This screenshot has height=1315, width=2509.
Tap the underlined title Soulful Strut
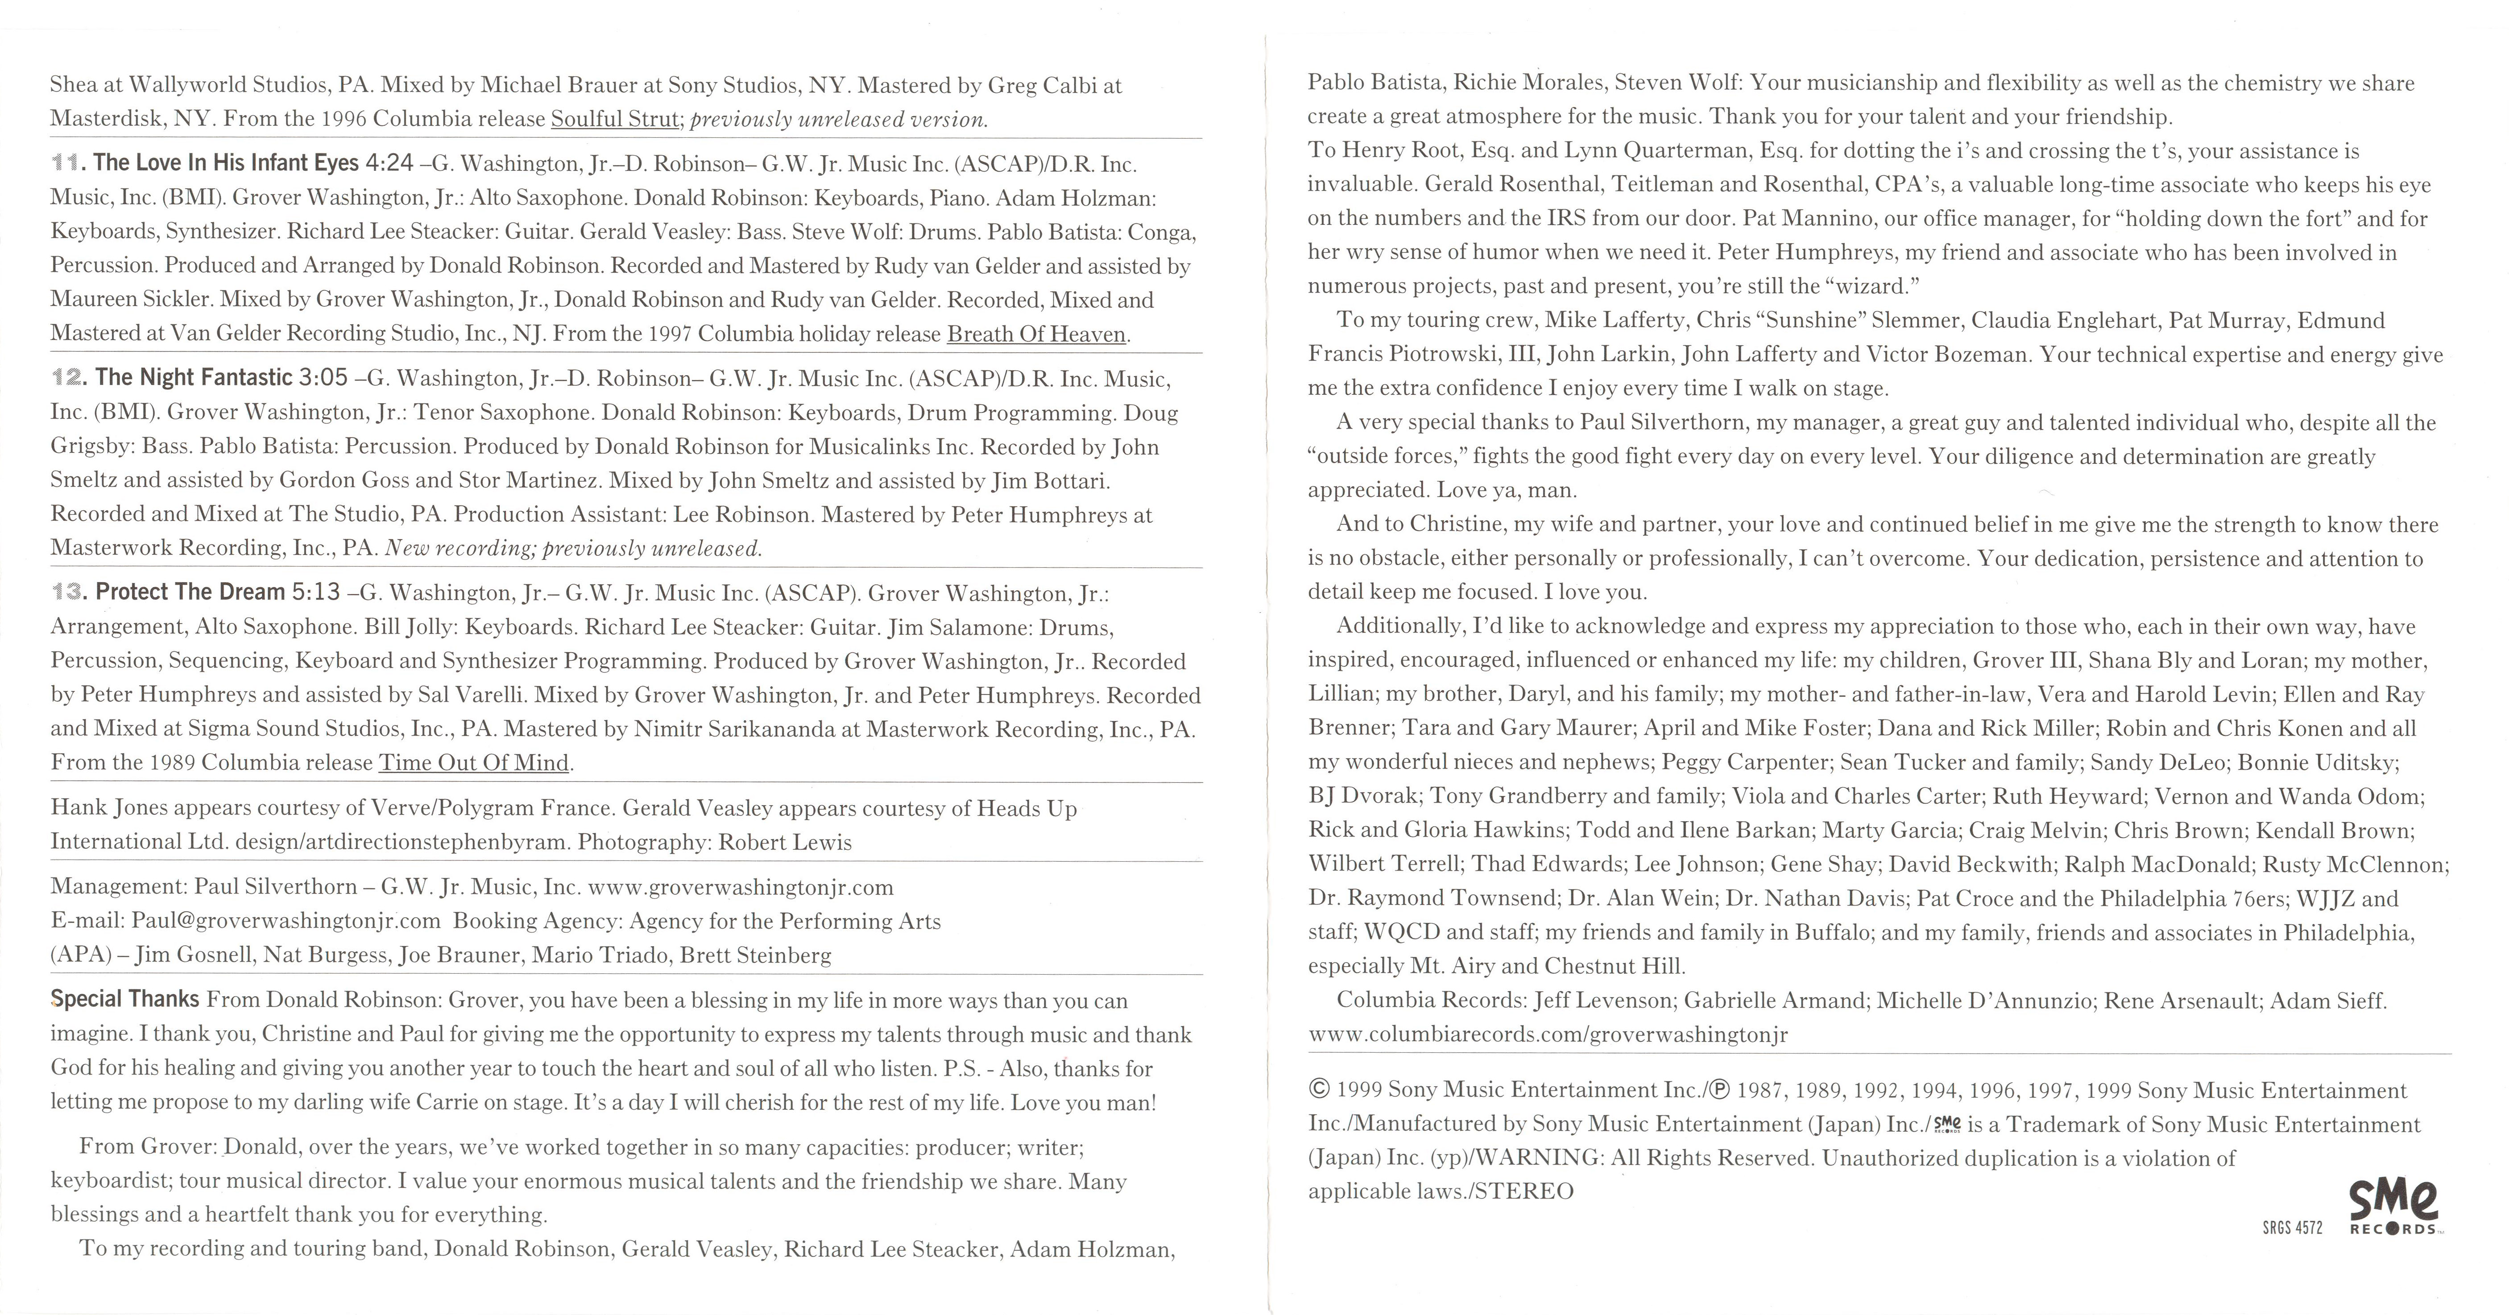point(613,119)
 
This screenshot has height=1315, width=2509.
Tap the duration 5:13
point(317,592)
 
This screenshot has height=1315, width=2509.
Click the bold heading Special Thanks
point(124,999)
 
